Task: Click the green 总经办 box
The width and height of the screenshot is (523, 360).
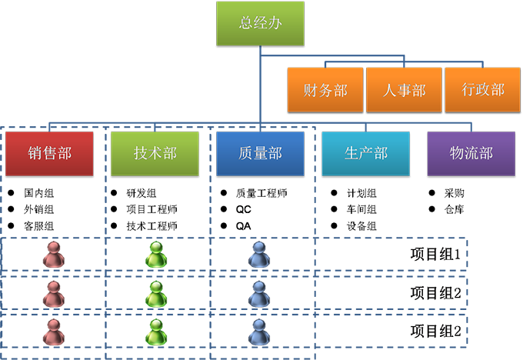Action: click(x=260, y=23)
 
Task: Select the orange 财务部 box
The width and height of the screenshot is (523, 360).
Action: click(x=325, y=90)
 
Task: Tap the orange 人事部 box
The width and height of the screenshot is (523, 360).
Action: click(x=405, y=90)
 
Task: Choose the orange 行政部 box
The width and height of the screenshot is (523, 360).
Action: click(x=483, y=90)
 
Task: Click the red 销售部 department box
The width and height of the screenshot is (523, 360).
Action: click(x=48, y=153)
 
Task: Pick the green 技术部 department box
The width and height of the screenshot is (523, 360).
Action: click(x=155, y=153)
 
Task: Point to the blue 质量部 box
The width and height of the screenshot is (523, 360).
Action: click(x=260, y=153)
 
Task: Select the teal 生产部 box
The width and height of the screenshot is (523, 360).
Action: click(x=365, y=153)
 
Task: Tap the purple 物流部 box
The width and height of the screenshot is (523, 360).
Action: click(x=471, y=153)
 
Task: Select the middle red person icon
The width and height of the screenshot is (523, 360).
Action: click(x=53, y=292)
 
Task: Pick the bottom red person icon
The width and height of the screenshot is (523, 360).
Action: click(x=53, y=331)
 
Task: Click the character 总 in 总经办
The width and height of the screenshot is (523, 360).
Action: click(x=246, y=23)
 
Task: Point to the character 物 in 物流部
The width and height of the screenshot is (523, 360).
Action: click(x=456, y=153)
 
